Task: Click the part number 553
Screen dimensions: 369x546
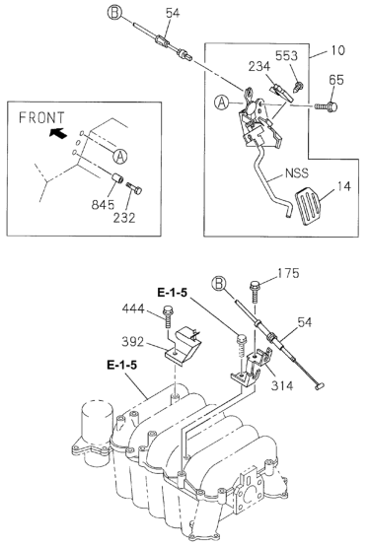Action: pos(286,56)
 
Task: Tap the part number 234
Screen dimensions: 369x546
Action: pos(258,66)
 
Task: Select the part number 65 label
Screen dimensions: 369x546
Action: pos(336,80)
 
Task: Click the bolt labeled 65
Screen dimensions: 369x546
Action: pos(326,105)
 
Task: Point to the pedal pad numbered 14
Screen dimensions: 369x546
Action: pos(307,206)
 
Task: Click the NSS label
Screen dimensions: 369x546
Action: pos(297,173)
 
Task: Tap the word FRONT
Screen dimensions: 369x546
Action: pos(41,117)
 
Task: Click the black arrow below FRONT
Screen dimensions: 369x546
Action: pos(57,133)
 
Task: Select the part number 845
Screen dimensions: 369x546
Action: pos(103,205)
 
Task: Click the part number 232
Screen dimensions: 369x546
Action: pos(124,218)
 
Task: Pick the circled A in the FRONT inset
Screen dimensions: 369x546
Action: pos(119,157)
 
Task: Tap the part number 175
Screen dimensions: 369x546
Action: pos(288,273)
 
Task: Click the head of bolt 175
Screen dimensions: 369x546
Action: pos(255,286)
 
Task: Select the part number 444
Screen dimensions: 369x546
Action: pos(133,308)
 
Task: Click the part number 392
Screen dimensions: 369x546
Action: pos(132,342)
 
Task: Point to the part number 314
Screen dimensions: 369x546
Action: pos(282,385)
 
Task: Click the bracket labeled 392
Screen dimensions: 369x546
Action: pos(184,347)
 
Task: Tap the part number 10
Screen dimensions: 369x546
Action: pos(337,50)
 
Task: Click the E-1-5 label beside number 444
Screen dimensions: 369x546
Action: pos(172,293)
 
